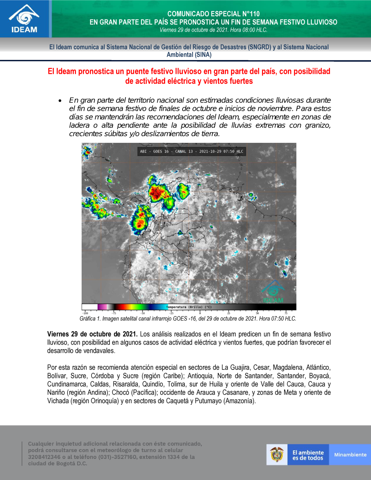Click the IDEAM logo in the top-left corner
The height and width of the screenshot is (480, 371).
[24, 19]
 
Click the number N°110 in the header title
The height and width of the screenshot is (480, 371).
[251, 14]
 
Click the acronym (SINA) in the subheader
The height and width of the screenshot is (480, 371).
[203, 55]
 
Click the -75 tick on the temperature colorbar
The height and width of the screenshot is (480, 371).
[114, 313]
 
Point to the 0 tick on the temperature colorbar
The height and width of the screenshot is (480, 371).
[200, 313]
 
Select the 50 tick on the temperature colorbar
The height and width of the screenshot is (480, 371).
[257, 313]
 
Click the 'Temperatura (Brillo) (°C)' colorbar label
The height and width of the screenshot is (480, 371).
[189, 307]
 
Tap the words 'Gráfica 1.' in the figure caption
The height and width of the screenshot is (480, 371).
[90, 319]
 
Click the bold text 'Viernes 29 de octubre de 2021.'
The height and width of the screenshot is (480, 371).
[92, 334]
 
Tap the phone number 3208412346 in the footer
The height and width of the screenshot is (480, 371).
[44, 457]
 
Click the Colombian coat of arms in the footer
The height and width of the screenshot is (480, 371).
[277, 454]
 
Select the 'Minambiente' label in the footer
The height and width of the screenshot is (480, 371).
[350, 455]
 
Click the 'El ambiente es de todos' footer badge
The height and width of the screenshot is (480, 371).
[308, 455]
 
